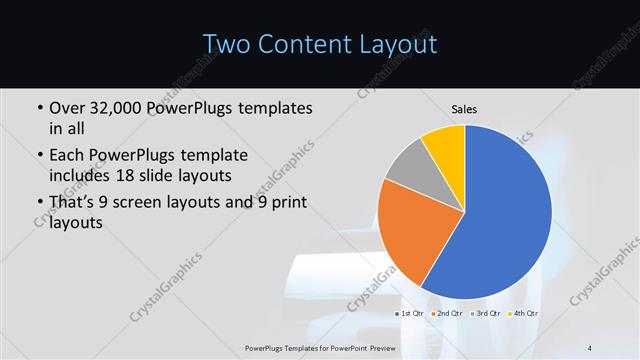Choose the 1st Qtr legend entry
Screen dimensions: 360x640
412,314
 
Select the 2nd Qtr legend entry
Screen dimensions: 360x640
448,314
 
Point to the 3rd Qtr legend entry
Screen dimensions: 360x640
485,314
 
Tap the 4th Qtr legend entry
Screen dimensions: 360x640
522,314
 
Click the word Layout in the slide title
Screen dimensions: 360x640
401,44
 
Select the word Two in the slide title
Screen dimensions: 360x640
229,44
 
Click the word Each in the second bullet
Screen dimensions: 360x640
68,156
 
